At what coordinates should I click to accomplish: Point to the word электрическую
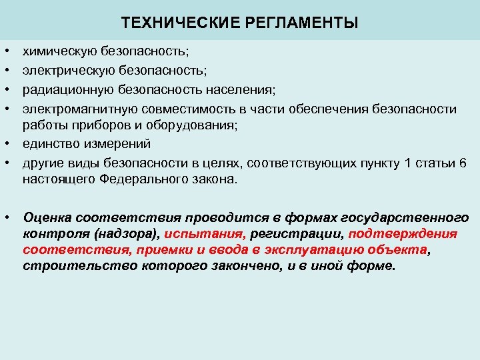click(x=65, y=70)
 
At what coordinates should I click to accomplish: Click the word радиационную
click(x=63, y=89)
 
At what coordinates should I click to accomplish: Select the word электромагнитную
click(x=75, y=109)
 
